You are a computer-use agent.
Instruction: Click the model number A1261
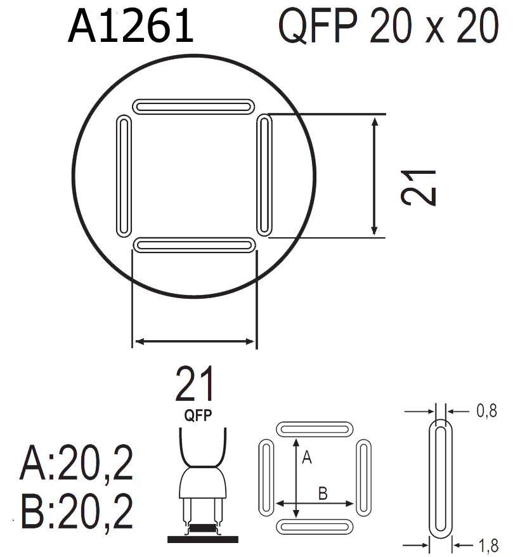pos(130,27)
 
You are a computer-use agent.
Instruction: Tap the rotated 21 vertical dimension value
pos(419,187)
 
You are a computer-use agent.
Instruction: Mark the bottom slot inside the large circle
pos(194,245)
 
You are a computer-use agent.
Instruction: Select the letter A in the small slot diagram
pos(306,457)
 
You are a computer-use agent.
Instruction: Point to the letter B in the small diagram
pos(322,492)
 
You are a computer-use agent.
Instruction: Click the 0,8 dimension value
pos(486,412)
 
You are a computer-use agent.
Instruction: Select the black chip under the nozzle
pos(202,528)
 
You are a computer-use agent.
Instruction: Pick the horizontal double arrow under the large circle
pos(194,342)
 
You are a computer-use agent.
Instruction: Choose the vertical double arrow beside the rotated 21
pos(375,176)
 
